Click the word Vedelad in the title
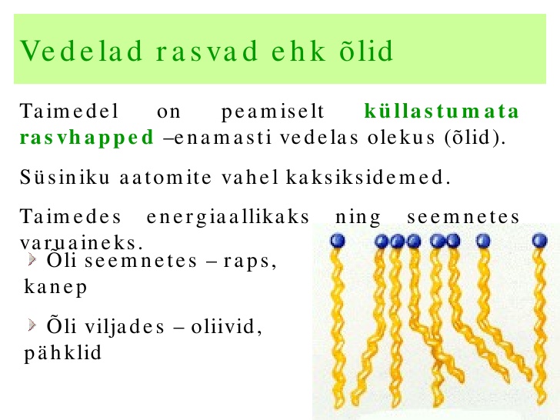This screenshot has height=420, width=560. click(82, 51)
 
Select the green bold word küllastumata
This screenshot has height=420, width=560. click(442, 111)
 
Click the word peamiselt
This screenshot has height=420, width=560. click(272, 112)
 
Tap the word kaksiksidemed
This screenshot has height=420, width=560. click(368, 177)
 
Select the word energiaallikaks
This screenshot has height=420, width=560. click(228, 217)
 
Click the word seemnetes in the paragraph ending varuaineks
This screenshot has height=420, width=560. click(463, 217)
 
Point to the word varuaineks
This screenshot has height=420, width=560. click(82, 244)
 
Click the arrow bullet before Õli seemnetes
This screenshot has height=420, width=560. click(32, 259)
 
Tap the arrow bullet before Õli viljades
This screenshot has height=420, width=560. click(32, 325)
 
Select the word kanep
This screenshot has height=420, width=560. click(55, 288)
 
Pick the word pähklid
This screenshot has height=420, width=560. click(63, 353)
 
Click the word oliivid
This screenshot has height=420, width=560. click(226, 326)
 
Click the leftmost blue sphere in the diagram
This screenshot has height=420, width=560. click(338, 240)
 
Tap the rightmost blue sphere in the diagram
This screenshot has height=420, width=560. click(540, 240)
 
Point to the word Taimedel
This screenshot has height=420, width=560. click(69, 111)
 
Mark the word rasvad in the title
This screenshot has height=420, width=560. click(206, 51)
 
